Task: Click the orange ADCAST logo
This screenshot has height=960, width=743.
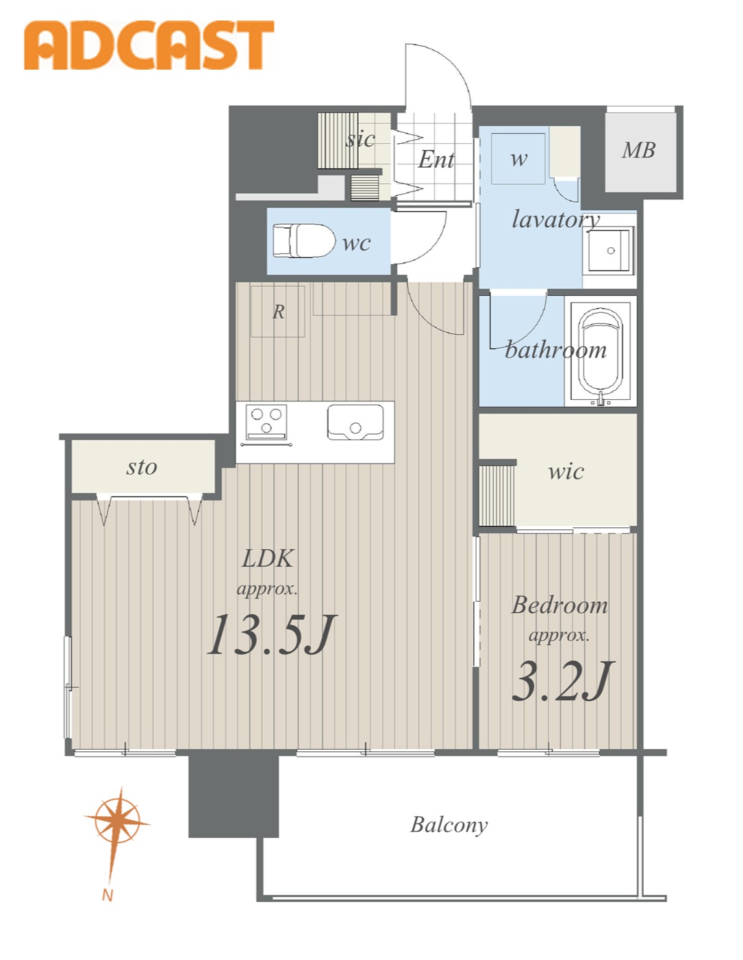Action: tap(149, 45)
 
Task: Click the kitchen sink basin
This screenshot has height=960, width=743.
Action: tap(355, 422)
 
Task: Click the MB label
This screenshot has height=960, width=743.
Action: tap(638, 150)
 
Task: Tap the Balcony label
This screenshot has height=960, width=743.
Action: tap(449, 825)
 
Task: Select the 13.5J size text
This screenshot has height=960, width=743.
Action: tap(270, 634)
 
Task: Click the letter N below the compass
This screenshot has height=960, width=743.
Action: tap(108, 896)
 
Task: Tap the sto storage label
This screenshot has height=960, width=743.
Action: tap(141, 468)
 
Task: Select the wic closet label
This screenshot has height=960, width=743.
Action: tap(566, 471)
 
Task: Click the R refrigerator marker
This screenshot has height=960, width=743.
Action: tap(278, 312)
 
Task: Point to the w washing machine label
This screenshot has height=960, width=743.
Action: tap(518, 159)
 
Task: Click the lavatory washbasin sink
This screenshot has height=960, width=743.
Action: tap(610, 250)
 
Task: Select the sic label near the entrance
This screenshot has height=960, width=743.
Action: tap(360, 139)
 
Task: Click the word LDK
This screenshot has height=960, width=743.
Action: tap(267, 559)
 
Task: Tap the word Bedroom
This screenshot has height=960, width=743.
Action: tap(559, 605)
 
